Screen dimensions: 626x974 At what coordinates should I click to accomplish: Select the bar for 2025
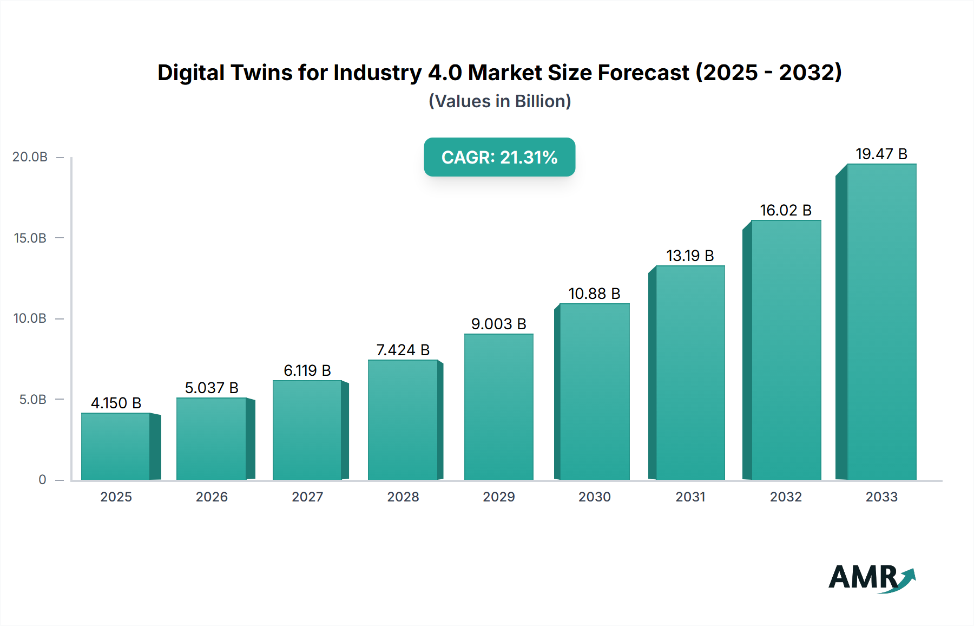click(116, 446)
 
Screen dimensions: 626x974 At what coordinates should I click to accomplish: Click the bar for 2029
click(498, 407)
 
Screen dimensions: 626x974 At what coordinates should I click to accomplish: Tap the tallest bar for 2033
click(881, 322)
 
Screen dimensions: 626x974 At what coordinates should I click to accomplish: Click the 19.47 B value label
click(881, 154)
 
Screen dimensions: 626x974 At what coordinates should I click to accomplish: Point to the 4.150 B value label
click(116, 403)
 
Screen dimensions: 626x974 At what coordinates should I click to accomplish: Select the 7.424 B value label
click(403, 350)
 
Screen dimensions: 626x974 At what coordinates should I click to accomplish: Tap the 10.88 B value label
click(594, 294)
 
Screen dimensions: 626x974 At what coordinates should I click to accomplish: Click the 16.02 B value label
click(786, 211)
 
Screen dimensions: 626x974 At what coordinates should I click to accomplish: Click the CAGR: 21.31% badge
click(499, 158)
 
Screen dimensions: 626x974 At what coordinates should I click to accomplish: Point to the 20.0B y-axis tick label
click(30, 158)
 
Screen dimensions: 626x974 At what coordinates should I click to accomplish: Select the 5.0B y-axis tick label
click(32, 400)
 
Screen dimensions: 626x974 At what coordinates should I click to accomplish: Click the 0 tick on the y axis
click(42, 480)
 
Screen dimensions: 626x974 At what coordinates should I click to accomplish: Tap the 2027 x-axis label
click(307, 497)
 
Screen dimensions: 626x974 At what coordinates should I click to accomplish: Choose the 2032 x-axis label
click(786, 497)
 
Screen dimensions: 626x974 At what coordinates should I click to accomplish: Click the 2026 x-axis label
click(212, 497)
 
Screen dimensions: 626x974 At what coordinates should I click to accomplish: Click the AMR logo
click(872, 578)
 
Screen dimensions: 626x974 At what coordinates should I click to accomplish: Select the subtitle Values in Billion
click(499, 102)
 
